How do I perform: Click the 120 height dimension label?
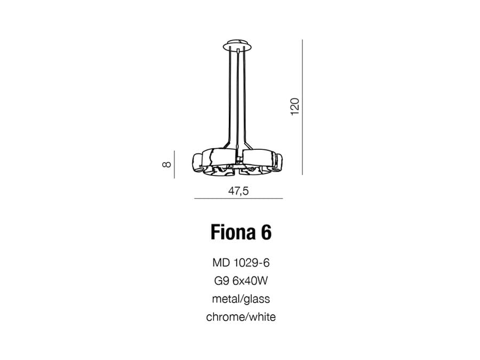coord(294,107)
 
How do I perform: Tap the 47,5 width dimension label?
coord(238,191)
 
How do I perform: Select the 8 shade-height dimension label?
coord(166,164)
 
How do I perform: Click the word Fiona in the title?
coord(233,232)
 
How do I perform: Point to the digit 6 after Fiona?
coord(266,232)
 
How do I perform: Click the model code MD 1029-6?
coord(241,262)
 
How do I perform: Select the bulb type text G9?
coord(221,281)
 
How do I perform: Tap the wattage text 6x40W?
coord(250,281)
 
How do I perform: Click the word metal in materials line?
coord(226,299)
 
